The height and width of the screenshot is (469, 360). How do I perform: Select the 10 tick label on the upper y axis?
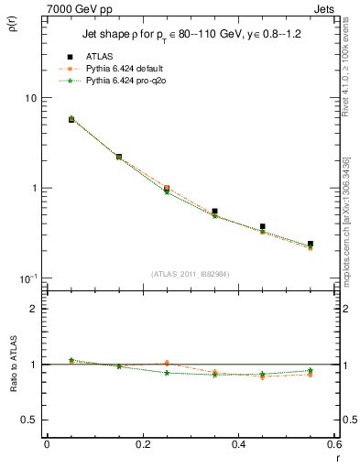point(29,98)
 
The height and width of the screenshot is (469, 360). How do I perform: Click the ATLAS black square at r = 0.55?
point(311,245)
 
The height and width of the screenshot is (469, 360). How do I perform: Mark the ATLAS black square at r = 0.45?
point(263,226)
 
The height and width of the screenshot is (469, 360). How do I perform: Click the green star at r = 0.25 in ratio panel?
point(167,373)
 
